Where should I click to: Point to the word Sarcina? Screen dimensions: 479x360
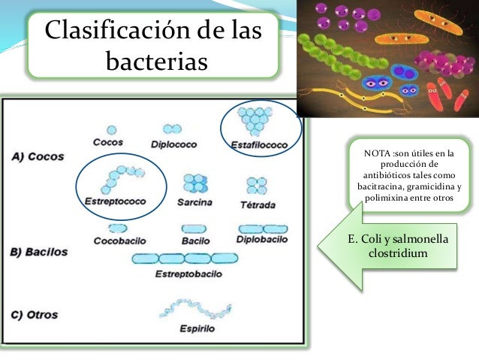[x=194, y=202]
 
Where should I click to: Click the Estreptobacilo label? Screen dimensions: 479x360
[x=188, y=274]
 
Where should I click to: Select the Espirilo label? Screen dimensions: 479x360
[x=197, y=328]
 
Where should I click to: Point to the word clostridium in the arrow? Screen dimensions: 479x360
[x=399, y=253]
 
